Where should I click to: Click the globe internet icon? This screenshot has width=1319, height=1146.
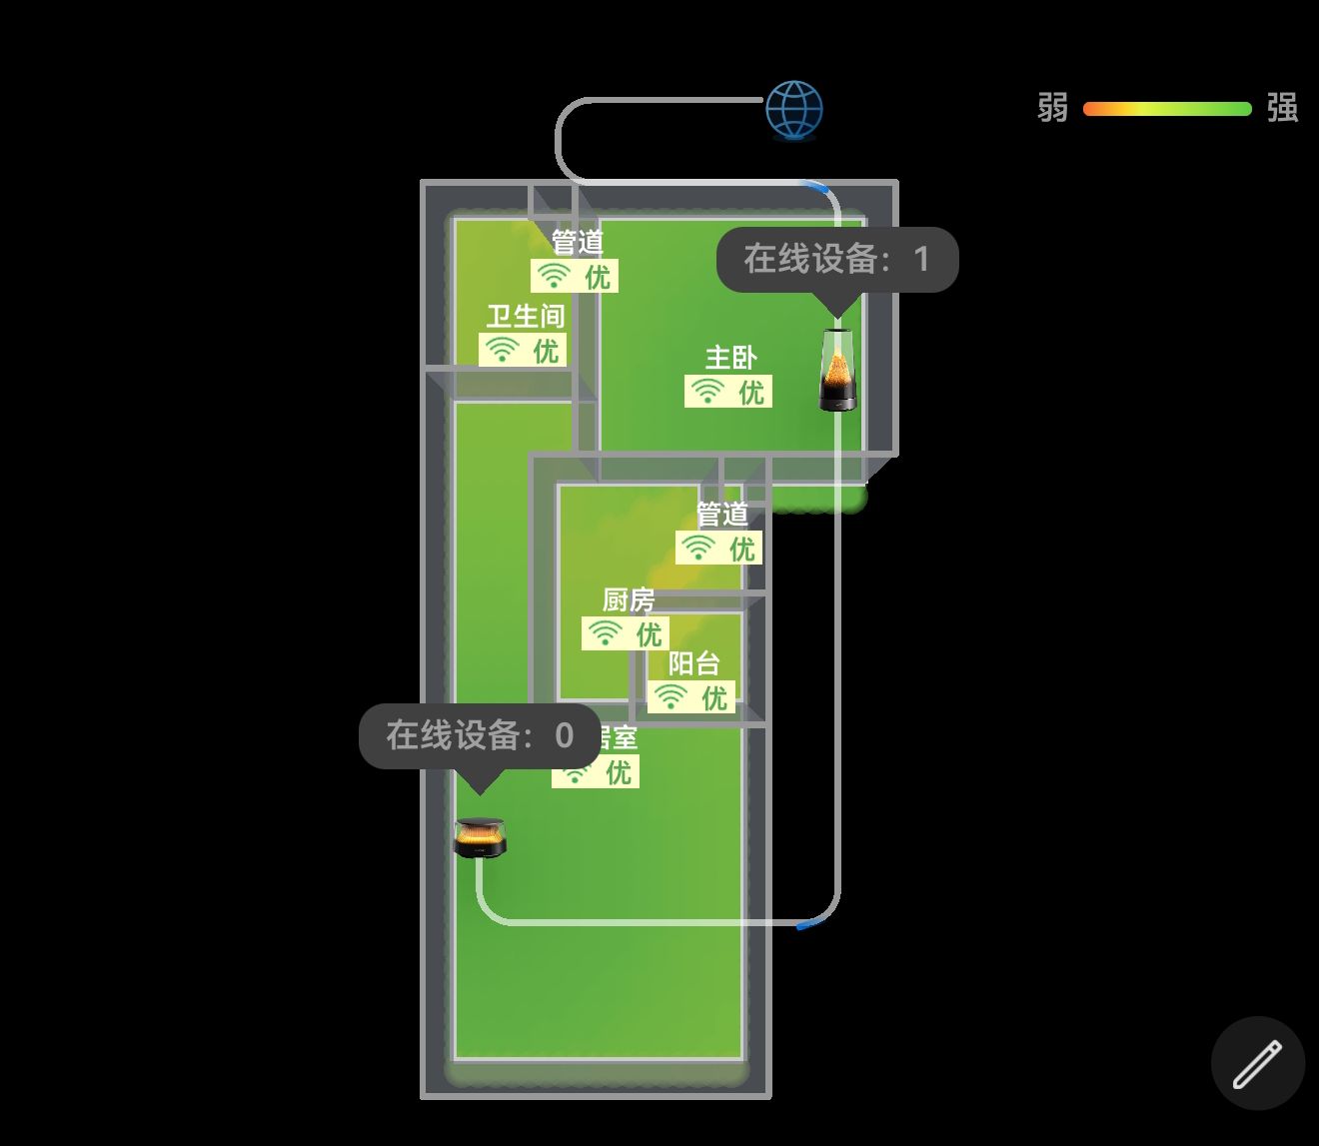point(794,109)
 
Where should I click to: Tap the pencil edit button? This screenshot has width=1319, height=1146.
point(1257,1063)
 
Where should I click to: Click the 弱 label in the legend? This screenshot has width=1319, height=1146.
point(1052,108)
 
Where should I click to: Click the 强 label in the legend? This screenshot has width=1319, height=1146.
point(1282,108)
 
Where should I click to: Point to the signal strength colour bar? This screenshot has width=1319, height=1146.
point(1167,109)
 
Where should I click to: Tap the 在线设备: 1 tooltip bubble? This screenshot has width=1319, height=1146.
point(837,260)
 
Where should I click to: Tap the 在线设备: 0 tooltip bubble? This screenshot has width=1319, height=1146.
point(480,736)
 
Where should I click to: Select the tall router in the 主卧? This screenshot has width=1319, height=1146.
point(837,370)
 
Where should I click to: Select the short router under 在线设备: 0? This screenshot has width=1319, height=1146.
point(480,837)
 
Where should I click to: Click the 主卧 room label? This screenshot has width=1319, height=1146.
point(730,358)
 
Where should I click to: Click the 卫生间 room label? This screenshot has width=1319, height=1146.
point(526,317)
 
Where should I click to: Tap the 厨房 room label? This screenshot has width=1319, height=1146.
point(629,599)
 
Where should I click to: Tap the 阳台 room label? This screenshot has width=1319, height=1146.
point(693,663)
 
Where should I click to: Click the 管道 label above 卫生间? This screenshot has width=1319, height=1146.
point(578,243)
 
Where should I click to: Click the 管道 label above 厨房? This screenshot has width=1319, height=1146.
point(722,515)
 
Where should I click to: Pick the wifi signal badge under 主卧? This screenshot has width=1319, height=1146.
point(728,392)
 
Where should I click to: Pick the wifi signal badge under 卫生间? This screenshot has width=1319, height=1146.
point(523,350)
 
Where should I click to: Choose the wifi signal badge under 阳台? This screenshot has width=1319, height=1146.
point(691,696)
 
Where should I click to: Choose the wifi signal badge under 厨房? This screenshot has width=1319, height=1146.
point(627,633)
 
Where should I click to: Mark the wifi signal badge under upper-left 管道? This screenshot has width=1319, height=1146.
point(575,276)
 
